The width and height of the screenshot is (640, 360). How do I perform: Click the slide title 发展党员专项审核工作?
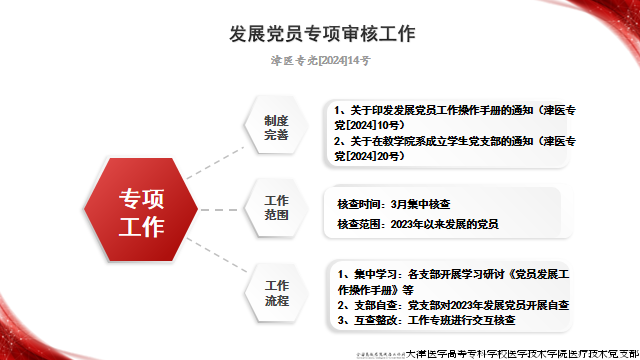(x=321, y=33)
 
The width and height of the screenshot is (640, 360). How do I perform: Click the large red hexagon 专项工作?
(x=142, y=212)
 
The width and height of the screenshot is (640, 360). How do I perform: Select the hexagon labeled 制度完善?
(x=276, y=127)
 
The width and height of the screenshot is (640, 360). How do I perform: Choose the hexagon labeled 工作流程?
(x=276, y=293)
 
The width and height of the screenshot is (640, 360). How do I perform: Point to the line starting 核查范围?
(x=417, y=224)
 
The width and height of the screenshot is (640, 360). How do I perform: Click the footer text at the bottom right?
(x=521, y=353)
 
